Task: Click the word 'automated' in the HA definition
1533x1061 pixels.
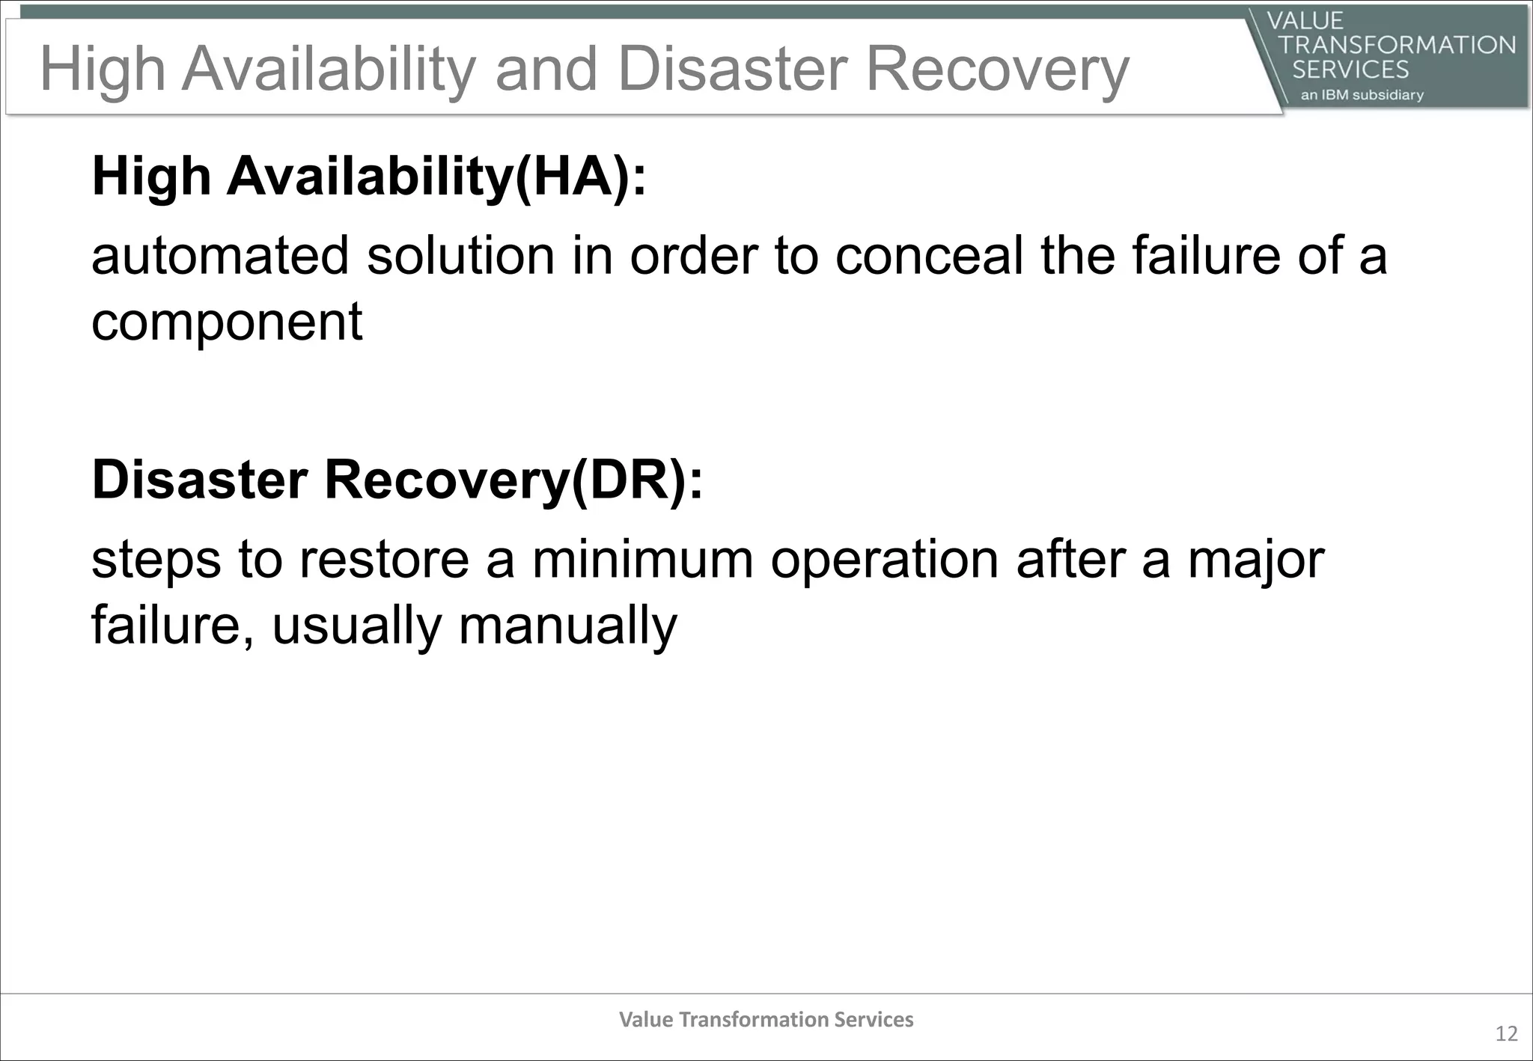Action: tap(220, 256)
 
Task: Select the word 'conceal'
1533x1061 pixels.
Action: tap(928, 256)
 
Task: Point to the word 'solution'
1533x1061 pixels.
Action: tap(460, 256)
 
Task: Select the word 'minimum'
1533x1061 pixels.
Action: tap(642, 560)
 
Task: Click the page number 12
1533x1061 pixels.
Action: tap(1506, 1034)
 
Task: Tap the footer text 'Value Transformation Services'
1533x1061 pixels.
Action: tap(766, 1020)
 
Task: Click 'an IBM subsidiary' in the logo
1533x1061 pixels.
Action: tap(1362, 95)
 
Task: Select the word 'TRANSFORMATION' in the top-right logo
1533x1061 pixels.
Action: tap(1397, 45)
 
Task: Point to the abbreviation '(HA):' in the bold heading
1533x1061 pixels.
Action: tap(580, 177)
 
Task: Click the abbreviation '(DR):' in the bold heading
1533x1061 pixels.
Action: tap(637, 480)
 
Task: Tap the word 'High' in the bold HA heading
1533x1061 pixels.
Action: tap(151, 177)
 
